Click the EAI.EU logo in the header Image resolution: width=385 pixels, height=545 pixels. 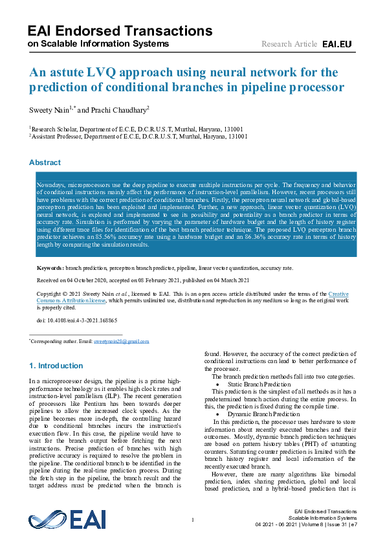coord(336,44)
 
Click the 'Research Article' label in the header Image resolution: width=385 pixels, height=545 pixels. coord(289,44)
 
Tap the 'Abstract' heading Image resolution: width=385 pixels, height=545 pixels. coord(45,162)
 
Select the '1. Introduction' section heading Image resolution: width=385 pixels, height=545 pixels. coord(56,366)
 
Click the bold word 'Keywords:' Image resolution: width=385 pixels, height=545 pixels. coord(50,267)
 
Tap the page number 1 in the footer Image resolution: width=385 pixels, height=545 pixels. coord(193,520)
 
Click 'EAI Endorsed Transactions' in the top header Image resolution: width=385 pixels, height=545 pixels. coord(120,30)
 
